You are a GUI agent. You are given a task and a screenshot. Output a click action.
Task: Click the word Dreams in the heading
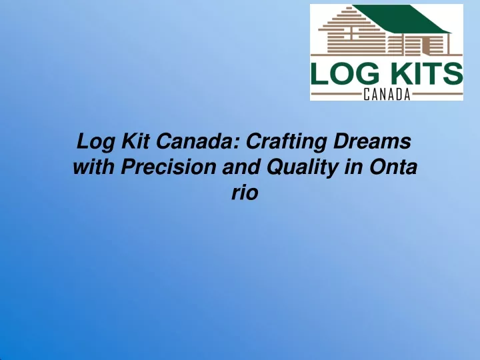click(x=372, y=141)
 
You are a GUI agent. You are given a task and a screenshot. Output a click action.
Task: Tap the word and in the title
click(x=241, y=167)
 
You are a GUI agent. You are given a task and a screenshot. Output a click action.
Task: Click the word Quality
click(x=303, y=168)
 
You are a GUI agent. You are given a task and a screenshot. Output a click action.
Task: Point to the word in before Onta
click(x=354, y=167)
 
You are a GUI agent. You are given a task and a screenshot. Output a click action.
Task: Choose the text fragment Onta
click(x=393, y=167)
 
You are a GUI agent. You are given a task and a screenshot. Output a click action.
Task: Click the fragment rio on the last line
click(x=245, y=193)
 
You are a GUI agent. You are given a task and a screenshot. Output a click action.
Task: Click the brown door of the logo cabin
click(x=425, y=45)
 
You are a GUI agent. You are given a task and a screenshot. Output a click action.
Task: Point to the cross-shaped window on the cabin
click(x=352, y=31)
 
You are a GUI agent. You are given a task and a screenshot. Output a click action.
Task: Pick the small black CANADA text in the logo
click(x=387, y=94)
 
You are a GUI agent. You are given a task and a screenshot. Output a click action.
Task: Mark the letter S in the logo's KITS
click(x=453, y=73)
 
